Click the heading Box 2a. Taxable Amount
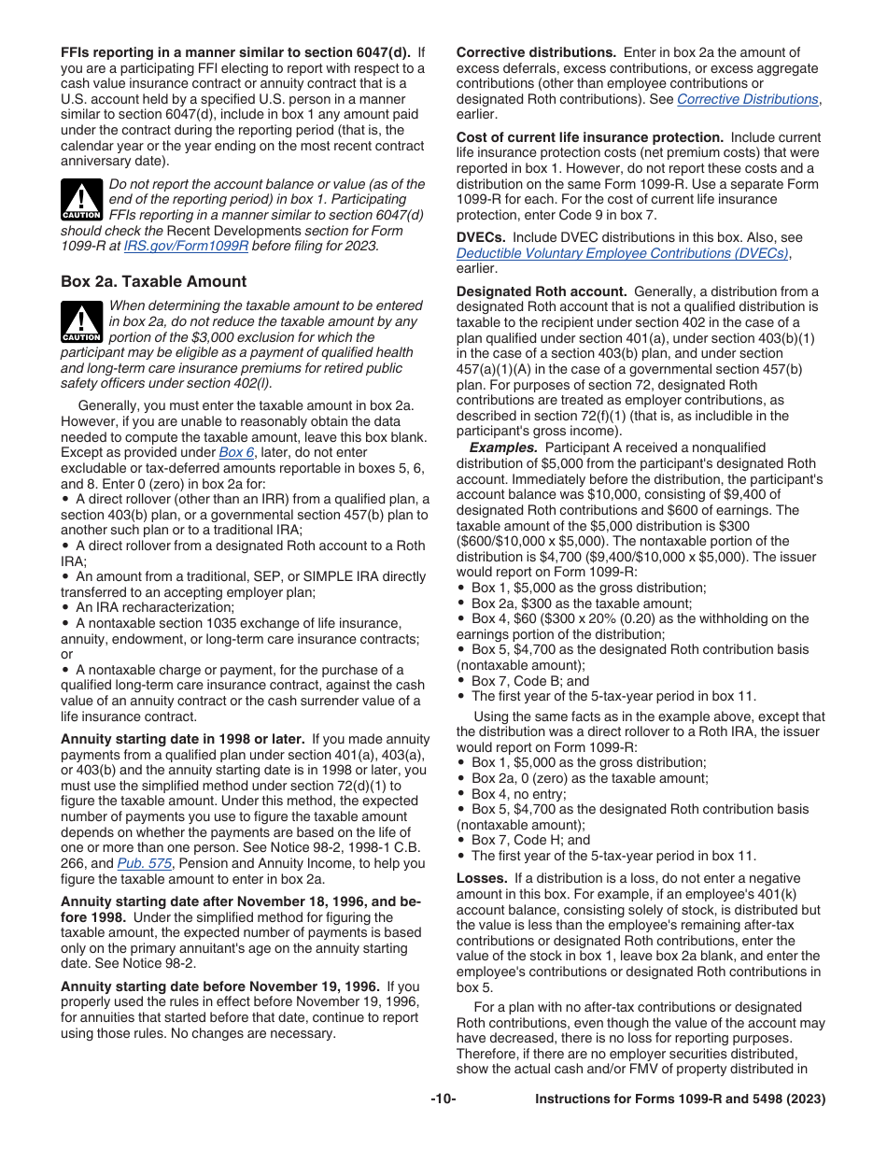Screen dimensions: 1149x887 point(153,281)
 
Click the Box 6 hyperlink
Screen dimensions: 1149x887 point(236,452)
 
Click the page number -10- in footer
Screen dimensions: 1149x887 point(443,1099)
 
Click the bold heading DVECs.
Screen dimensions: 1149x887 point(481,237)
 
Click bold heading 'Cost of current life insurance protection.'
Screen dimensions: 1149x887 point(589,137)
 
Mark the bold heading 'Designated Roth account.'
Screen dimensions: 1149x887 point(542,291)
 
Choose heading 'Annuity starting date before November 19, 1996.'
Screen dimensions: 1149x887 point(220,986)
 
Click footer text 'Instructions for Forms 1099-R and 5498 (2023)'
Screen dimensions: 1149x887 point(680,1099)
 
